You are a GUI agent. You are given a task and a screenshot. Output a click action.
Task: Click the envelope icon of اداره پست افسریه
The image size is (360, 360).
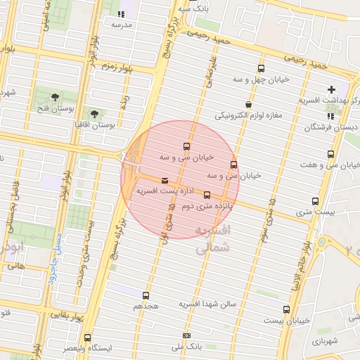(165, 180)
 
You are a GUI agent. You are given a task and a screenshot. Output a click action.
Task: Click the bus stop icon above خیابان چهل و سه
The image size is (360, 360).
(262, 68)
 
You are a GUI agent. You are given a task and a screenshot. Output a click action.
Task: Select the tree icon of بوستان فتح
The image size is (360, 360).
(56, 97)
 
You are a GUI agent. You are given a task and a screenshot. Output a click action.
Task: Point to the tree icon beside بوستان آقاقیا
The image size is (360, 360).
(94, 112)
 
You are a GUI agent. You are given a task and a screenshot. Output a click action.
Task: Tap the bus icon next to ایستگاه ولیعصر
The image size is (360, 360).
(87, 337)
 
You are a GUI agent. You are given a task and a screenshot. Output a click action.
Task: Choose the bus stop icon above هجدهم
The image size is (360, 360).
(146, 296)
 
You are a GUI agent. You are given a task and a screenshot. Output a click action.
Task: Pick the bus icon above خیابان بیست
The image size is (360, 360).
(286, 309)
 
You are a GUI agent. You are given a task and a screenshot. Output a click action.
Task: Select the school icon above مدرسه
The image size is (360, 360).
(122, 14)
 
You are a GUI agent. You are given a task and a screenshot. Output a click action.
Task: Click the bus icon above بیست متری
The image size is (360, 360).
(315, 201)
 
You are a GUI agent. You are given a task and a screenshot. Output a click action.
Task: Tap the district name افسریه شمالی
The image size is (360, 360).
(212, 238)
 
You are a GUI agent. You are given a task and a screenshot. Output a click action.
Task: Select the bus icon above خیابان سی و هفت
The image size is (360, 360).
(330, 155)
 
